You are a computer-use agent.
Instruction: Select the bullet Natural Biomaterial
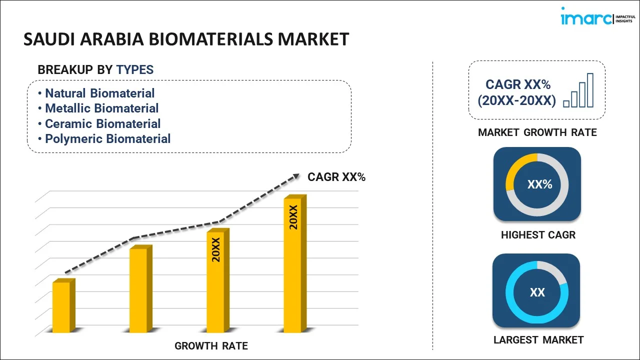click(99, 93)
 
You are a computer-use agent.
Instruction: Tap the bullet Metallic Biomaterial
click(101, 108)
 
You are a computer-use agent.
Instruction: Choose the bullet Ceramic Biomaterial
click(102, 123)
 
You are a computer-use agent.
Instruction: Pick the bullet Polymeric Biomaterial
click(107, 138)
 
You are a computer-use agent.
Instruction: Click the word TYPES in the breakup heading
click(135, 70)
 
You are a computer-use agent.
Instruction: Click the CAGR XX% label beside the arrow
click(336, 177)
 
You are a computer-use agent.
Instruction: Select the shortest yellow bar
click(62, 307)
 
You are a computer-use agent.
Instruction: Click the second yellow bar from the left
click(138, 290)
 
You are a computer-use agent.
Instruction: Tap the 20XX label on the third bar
click(216, 250)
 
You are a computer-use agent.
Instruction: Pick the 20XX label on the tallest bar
click(293, 217)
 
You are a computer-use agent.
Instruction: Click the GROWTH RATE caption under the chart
click(211, 346)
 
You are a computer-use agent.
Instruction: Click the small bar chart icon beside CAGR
click(578, 90)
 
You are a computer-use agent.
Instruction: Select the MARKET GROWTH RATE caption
click(537, 132)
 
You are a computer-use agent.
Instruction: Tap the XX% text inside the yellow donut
click(539, 184)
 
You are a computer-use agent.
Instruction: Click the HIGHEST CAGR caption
click(538, 234)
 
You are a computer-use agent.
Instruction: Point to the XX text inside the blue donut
click(537, 292)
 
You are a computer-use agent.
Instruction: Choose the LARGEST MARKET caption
click(538, 340)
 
